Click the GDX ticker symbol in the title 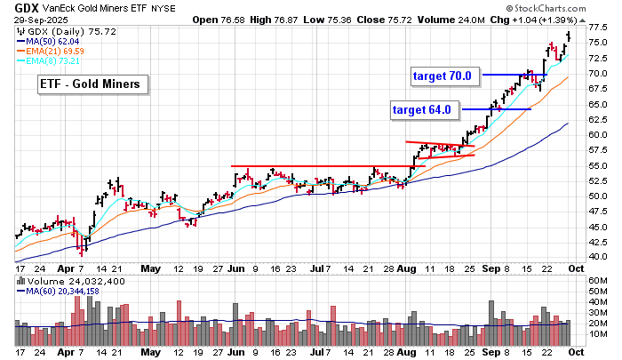tap(13, 7)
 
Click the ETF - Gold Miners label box tap(94, 85)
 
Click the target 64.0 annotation tap(422, 110)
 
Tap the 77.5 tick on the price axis tap(598, 28)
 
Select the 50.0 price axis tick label tap(598, 196)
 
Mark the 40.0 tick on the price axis tap(598, 256)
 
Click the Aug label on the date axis tap(406, 268)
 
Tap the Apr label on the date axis tap(67, 268)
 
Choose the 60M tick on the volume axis tap(596, 281)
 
